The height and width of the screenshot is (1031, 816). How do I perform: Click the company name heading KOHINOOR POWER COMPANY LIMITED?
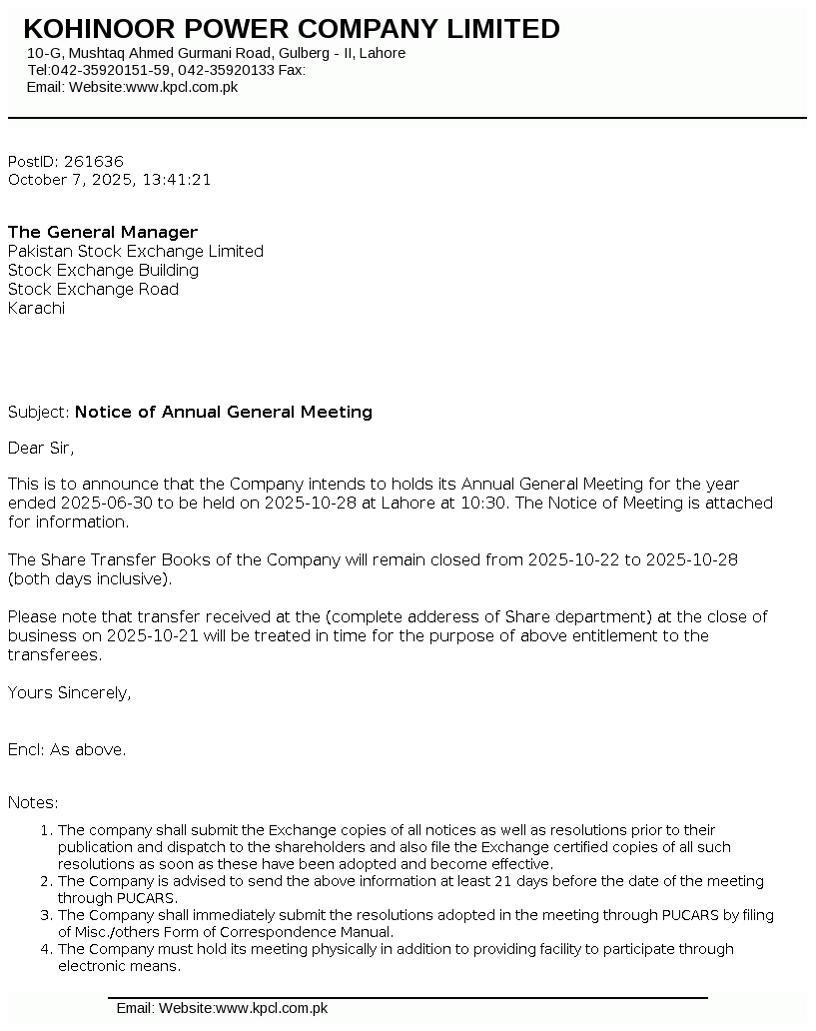pos(291,29)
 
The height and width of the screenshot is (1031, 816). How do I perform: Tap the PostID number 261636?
pos(93,161)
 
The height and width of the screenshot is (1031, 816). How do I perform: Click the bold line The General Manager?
pos(103,232)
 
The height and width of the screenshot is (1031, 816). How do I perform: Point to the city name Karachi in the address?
pos(36,308)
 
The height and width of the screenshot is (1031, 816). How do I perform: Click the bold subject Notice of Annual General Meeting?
pos(223,412)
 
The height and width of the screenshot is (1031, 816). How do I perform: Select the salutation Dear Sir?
pos(41,448)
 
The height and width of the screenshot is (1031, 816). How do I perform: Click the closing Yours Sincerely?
pos(69,692)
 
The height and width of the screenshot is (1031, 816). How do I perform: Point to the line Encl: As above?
pos(67,749)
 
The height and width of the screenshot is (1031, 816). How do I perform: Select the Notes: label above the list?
pos(33,802)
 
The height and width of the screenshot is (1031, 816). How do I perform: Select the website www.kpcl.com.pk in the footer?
pos(272,1008)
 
